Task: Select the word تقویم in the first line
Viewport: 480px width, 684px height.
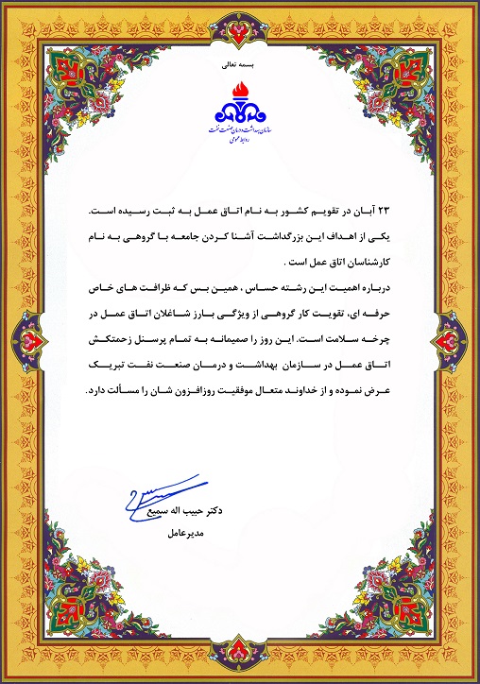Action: tap(333, 214)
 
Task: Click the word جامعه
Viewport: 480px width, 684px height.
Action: tap(192, 238)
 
